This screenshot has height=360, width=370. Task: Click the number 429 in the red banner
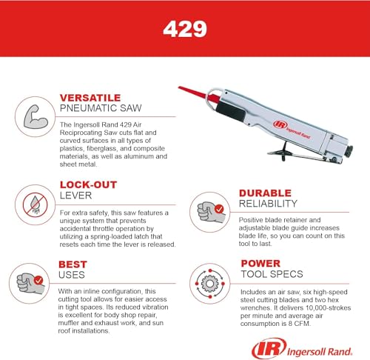coord(185,29)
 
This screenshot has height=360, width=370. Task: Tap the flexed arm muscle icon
coord(36,117)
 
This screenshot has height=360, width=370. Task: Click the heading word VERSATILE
coord(90,98)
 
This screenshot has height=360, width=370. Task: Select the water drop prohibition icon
coord(35,204)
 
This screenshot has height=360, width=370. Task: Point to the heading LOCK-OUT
coord(88,184)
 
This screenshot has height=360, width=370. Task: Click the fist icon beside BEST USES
coord(30,283)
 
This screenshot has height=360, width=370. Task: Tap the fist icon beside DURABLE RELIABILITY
coord(211,212)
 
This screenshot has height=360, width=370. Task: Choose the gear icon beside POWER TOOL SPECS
coord(210,284)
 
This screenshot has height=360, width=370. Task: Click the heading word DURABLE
coord(265,193)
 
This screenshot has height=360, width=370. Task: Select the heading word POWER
coord(260,264)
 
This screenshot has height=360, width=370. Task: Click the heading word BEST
coord(73,264)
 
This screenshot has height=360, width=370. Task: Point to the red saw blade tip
coord(179,87)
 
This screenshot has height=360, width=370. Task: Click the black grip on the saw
coord(231,111)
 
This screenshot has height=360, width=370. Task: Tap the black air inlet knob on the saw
coord(349,151)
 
